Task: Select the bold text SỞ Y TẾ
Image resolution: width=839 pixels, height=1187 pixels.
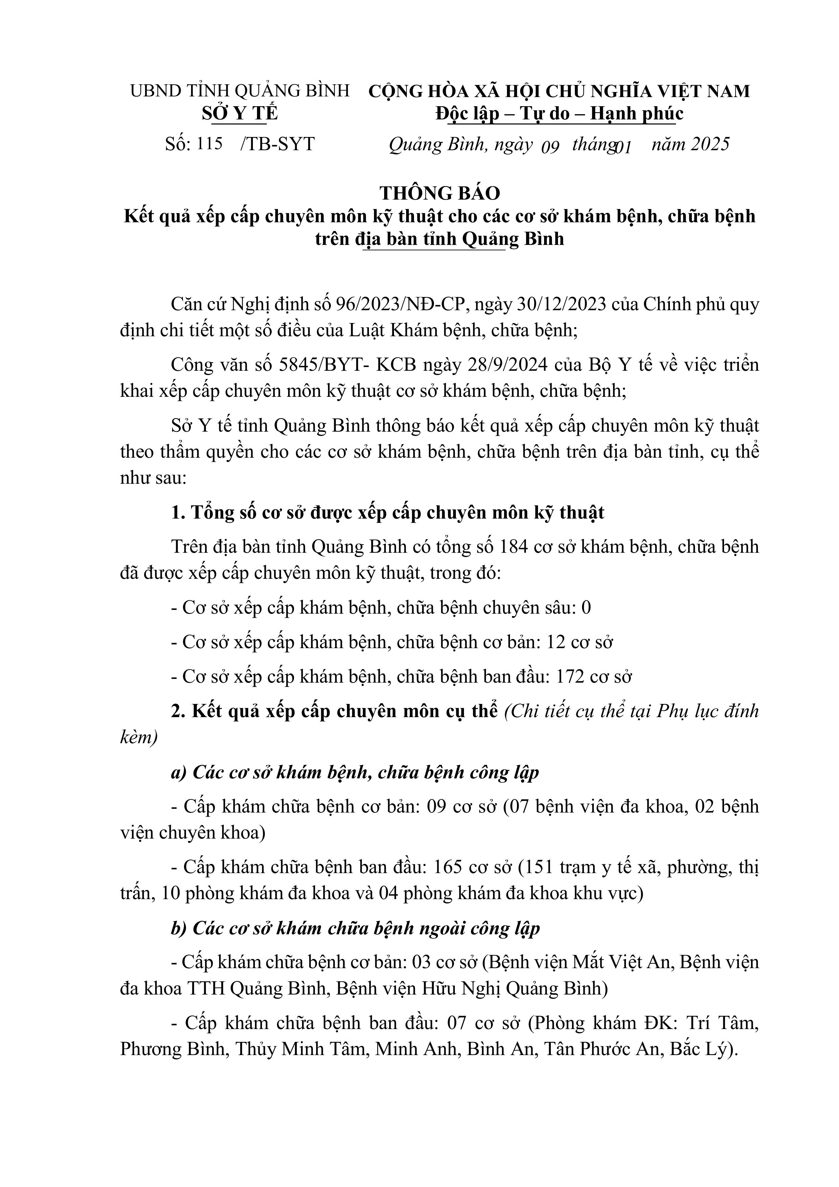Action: pos(239,114)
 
